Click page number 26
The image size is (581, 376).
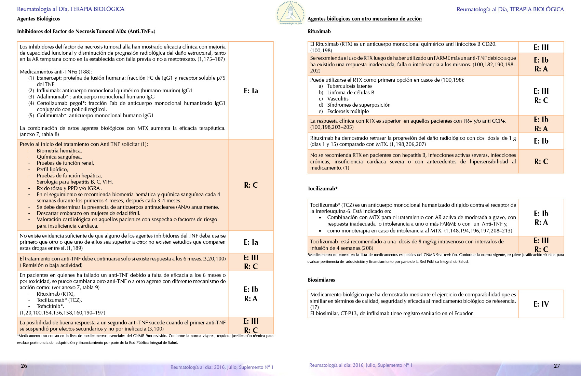coord(24,366)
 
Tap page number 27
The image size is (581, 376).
coord(557,366)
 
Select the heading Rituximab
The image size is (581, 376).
coord(319,31)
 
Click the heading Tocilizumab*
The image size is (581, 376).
coord(322,189)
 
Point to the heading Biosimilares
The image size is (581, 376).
coord(321,280)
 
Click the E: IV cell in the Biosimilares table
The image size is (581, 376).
coord(541,304)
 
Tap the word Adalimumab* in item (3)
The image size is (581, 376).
coord(52,97)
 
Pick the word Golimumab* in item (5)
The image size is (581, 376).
coord(52,116)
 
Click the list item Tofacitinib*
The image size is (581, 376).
coord(50,306)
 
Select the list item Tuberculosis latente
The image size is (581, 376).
coord(349,86)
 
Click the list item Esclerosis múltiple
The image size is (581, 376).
coord(348,111)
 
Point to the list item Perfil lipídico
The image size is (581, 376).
coord(52,170)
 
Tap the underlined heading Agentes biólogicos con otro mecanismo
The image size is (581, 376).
coord(364,19)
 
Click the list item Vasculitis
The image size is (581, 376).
coord(338,99)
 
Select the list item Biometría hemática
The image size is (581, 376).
coord(59,151)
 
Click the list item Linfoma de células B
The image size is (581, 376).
coord(351,93)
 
